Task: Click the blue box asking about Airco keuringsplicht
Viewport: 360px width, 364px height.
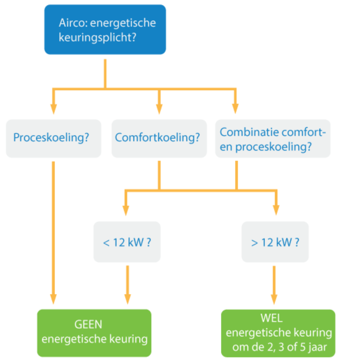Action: (105, 30)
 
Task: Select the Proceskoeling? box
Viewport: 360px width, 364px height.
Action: (53, 138)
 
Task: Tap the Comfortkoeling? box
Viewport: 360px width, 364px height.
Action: (159, 138)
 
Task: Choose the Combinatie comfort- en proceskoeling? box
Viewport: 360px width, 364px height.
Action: (273, 138)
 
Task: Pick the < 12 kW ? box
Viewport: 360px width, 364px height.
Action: (127, 242)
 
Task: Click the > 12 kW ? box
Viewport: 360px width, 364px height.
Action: (275, 242)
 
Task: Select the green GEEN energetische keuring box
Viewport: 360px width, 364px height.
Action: (94, 333)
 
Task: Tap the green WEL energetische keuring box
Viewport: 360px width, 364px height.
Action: (278, 333)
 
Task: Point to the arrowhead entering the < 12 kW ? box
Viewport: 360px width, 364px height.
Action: (127, 211)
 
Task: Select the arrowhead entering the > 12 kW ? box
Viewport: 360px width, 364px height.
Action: (275, 211)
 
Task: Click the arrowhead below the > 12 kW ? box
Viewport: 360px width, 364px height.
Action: (275, 299)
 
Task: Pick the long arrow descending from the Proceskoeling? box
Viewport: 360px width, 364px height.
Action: (53, 228)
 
